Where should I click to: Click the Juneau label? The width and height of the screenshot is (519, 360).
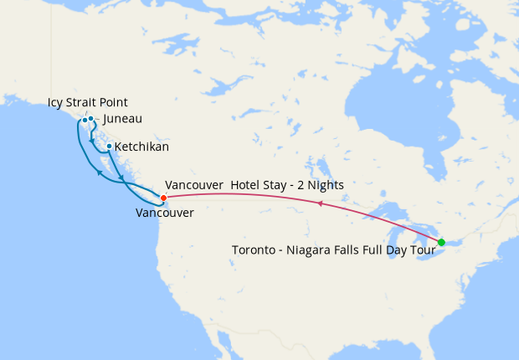coord(122,119)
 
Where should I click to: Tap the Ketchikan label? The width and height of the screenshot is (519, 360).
coord(141,147)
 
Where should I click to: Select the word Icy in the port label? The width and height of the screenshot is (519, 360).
coord(56,103)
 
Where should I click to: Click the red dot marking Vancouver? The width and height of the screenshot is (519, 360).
coord(163,197)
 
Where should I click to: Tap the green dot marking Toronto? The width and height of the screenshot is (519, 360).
coord(441,243)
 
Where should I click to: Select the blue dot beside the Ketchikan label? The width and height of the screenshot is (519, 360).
coord(109,146)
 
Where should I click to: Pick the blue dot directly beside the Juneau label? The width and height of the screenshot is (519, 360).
coord(90,118)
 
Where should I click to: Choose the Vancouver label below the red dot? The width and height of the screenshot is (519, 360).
coord(164,213)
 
